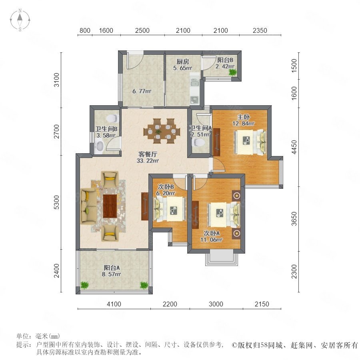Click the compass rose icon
tap(20, 20)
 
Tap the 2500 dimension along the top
tap(142, 30)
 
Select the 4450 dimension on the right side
tap(294, 147)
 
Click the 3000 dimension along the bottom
tap(216, 304)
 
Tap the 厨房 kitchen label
tap(183, 62)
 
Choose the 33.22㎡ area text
tap(148, 161)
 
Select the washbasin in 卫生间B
tap(100, 146)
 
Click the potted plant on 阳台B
tap(232, 72)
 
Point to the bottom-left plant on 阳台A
tap(85, 285)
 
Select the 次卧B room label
tap(166, 187)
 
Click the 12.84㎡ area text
tap(243, 124)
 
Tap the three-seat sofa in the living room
tap(88, 206)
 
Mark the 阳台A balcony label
tap(112, 268)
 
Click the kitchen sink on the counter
tap(194, 82)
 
